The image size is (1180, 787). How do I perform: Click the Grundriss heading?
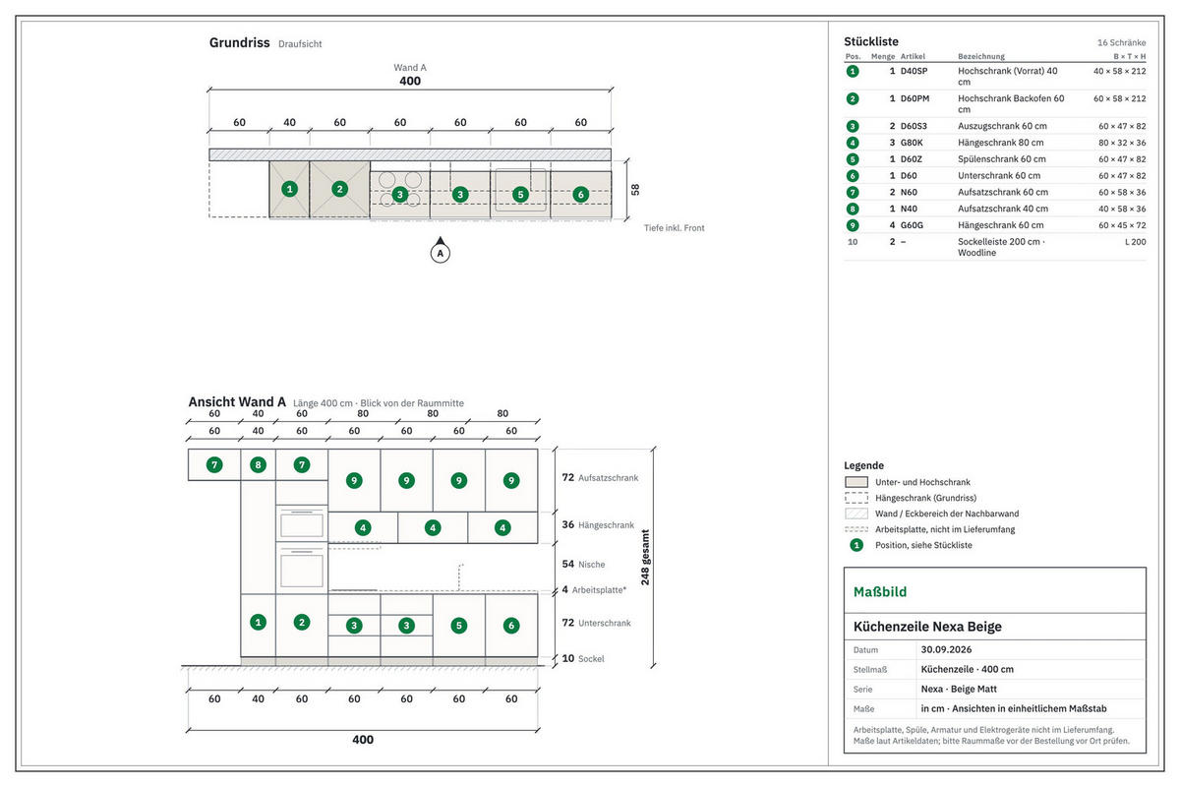point(239,42)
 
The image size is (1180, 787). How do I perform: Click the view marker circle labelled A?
point(440,254)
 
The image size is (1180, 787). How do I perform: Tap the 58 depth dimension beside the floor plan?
point(635,190)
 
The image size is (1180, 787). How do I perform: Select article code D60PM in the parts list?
point(914,98)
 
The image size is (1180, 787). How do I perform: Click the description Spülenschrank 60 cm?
point(1001,159)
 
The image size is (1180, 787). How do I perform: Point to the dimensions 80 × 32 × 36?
point(1122,143)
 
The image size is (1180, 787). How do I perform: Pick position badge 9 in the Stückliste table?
point(853,225)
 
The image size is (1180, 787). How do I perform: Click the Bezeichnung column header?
point(981,56)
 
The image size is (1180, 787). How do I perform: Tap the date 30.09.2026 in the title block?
point(946,649)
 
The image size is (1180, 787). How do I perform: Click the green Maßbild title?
point(880,592)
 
